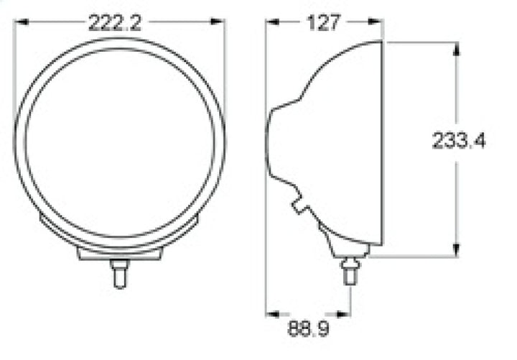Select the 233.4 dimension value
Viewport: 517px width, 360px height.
(459, 141)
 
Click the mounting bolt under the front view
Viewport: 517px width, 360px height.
(120, 273)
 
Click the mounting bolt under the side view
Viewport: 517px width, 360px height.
(350, 272)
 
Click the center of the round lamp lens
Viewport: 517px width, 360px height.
(120, 140)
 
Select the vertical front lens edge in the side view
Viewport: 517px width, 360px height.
(381, 144)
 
